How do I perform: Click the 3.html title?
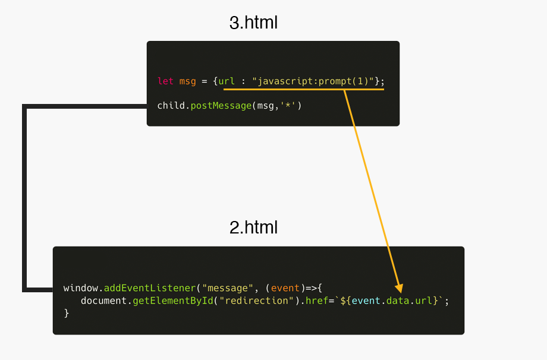click(x=253, y=23)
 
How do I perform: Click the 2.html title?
click(x=253, y=228)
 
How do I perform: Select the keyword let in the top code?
click(x=165, y=81)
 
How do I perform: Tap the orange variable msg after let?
click(x=187, y=81)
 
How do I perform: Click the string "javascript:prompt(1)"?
click(x=315, y=81)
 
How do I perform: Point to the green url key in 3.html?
click(x=227, y=81)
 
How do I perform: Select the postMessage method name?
click(x=221, y=106)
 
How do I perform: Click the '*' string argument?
click(x=289, y=106)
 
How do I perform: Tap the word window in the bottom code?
click(x=80, y=288)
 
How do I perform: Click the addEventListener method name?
click(x=150, y=288)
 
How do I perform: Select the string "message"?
click(x=225, y=288)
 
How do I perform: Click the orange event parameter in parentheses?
click(x=285, y=288)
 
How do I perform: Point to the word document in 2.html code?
click(x=103, y=301)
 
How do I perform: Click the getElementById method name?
click(x=172, y=301)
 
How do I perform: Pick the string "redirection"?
click(x=256, y=301)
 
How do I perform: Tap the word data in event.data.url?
click(x=398, y=301)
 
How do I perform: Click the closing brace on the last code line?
click(x=67, y=313)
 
